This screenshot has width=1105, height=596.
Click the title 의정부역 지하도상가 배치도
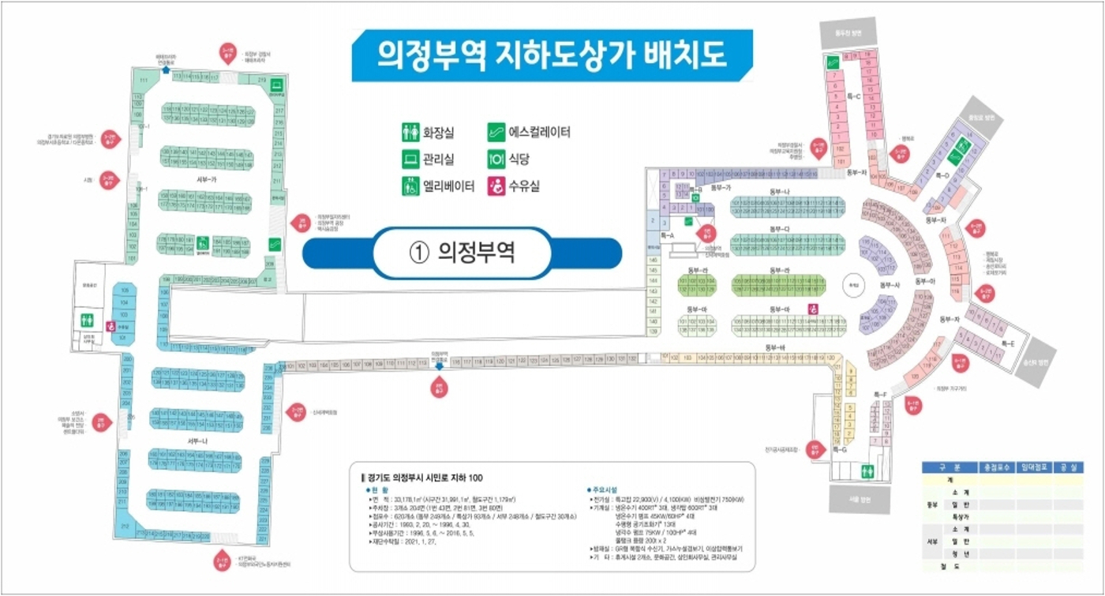pyautogui.click(x=552, y=54)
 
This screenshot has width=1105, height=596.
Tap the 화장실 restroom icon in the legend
pyautogui.click(x=410, y=133)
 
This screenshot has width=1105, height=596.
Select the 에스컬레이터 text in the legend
pyautogui.click(x=539, y=133)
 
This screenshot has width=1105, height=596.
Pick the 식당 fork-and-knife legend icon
pyautogui.click(x=496, y=159)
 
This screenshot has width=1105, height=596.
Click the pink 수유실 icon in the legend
pyautogui.click(x=496, y=186)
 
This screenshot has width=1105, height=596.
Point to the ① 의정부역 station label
pyautogui.click(x=463, y=253)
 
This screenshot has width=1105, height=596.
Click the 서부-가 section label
pyautogui.click(x=208, y=179)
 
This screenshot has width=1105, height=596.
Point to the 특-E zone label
pyautogui.click(x=1009, y=343)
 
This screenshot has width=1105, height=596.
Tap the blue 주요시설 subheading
pyautogui.click(x=609, y=489)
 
